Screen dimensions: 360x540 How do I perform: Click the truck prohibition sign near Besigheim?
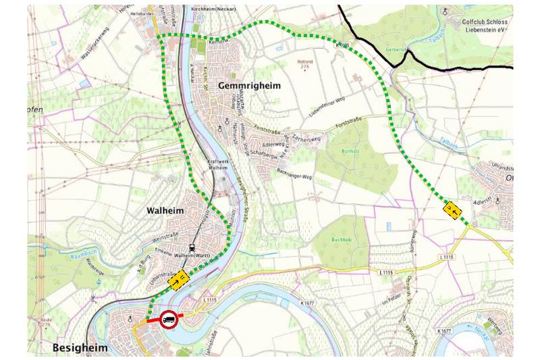[x=169, y=319]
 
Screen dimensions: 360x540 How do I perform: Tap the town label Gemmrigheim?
[x=248, y=86]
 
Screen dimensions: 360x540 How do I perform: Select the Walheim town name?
[x=165, y=211]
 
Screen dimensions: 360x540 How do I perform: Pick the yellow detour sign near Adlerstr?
[x=454, y=210]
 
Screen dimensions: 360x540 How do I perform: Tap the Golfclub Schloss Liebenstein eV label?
[x=485, y=26]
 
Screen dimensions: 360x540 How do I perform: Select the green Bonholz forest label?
[x=351, y=151]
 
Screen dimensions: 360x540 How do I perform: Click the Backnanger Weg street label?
[x=293, y=177]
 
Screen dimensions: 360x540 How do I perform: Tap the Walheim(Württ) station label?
[x=194, y=256]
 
